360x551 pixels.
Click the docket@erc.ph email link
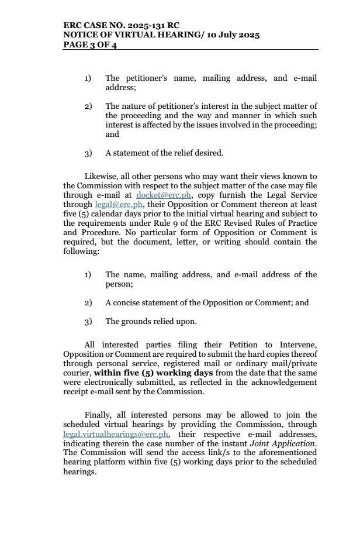(x=164, y=194)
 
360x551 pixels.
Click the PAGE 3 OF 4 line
(x=90, y=45)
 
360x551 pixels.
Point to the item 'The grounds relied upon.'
(x=151, y=321)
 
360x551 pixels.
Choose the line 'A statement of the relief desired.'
(x=164, y=153)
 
